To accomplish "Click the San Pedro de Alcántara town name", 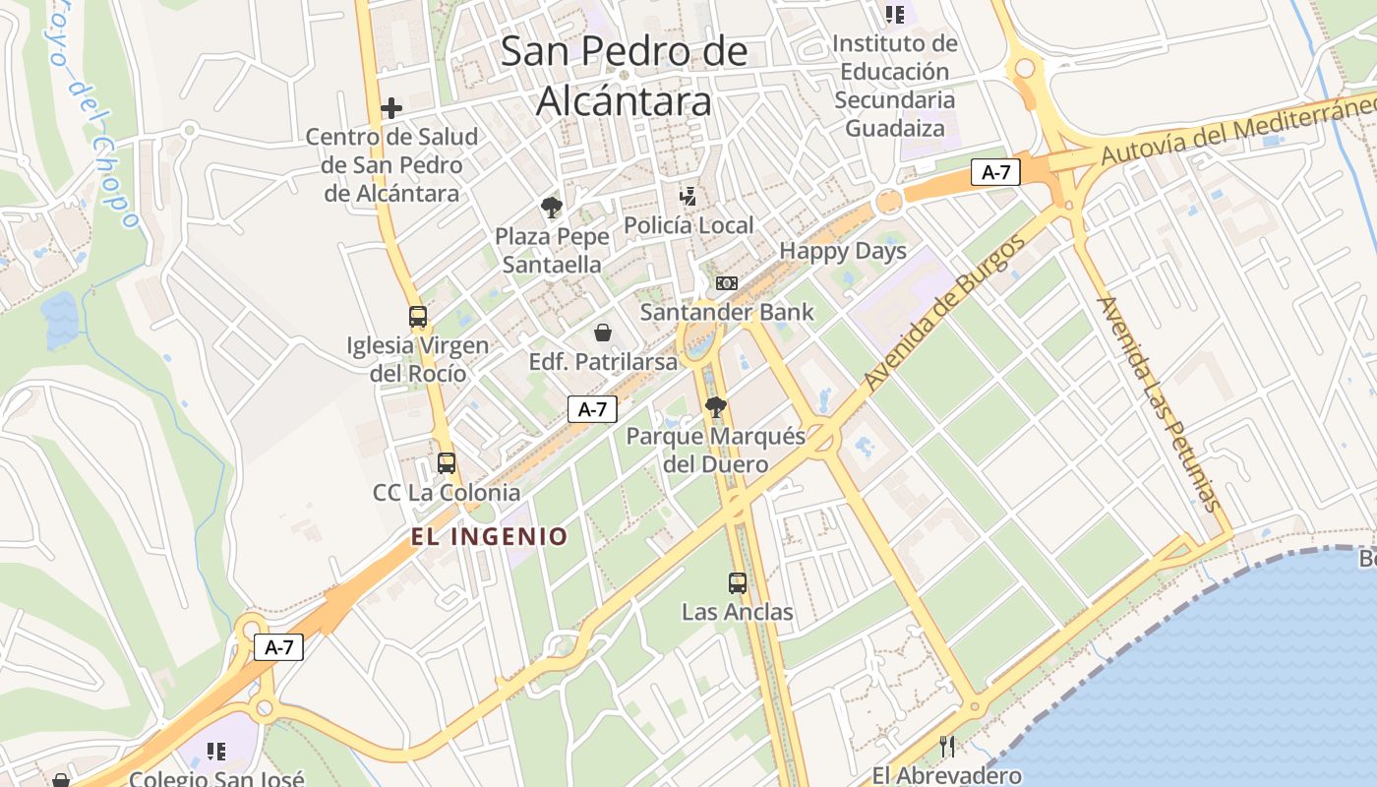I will pos(624,76).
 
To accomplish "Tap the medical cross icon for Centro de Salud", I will pos(391,107).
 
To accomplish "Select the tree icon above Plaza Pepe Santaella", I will pos(551,208).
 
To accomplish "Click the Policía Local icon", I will pos(688,196).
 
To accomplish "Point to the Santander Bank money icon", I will pos(726,283).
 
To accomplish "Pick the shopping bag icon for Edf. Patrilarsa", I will pos(603,333).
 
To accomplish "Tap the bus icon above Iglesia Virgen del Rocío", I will pos(418,317).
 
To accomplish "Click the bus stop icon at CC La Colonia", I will pos(447,462).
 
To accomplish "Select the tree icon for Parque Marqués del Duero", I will pos(716,406).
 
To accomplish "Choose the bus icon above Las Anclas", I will pos(738,582).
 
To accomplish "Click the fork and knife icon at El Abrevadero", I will pos(947,746).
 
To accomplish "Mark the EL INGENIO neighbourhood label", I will pos(490,536).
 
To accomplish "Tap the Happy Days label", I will pos(843,251).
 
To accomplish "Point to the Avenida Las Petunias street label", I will pos(1161,403).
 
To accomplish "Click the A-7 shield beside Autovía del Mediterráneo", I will pos(995,172).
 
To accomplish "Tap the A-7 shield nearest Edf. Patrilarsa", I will pos(592,409).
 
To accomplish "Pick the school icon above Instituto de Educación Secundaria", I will pos(894,14).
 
